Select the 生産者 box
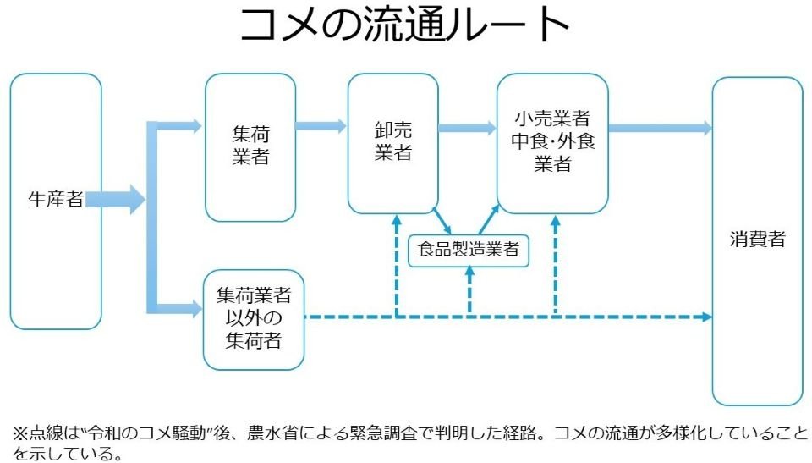pos(56,201)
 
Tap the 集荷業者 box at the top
pos(250,146)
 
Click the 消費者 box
pos(757,240)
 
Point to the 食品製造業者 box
pos(469,251)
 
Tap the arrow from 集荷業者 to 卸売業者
pos(321,127)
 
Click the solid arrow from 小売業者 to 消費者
pos(660,129)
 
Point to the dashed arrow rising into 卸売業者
pos(396,267)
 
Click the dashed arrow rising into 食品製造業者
pos(470,292)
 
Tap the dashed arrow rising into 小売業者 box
pos(555,267)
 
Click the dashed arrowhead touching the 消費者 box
pos(705,317)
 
